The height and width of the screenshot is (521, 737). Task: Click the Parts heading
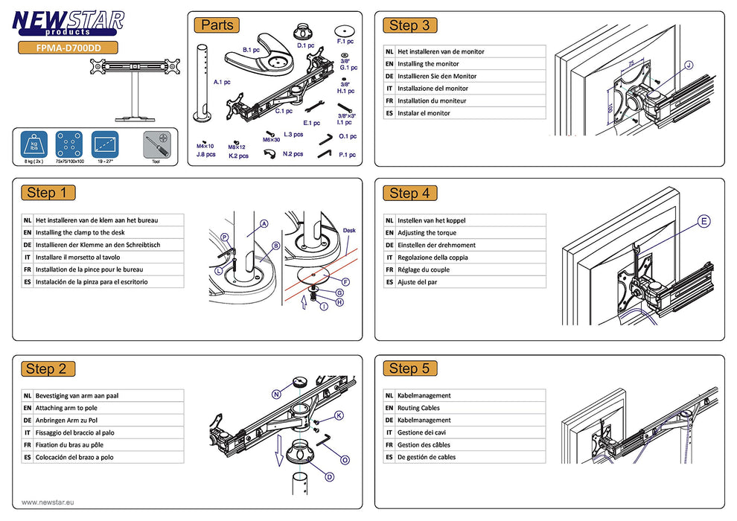[217, 25]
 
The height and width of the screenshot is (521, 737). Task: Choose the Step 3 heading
[409, 26]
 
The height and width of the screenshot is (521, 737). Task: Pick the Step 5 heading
[409, 368]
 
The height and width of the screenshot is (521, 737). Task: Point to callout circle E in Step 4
[704, 221]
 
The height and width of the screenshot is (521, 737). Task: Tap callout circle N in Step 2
[276, 394]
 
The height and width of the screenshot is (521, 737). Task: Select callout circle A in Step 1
[264, 223]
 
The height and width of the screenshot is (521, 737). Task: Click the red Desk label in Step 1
[350, 231]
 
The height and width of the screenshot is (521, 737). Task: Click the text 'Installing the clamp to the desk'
[80, 232]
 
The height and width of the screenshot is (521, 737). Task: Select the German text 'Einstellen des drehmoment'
[436, 245]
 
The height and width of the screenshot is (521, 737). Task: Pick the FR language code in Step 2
[28, 445]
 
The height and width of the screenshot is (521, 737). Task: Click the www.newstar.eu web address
[48, 502]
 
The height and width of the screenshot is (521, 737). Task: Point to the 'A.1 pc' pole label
[222, 82]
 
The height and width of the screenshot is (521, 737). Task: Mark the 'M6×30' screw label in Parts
[272, 139]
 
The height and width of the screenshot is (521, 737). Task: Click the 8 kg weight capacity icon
[33, 145]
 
